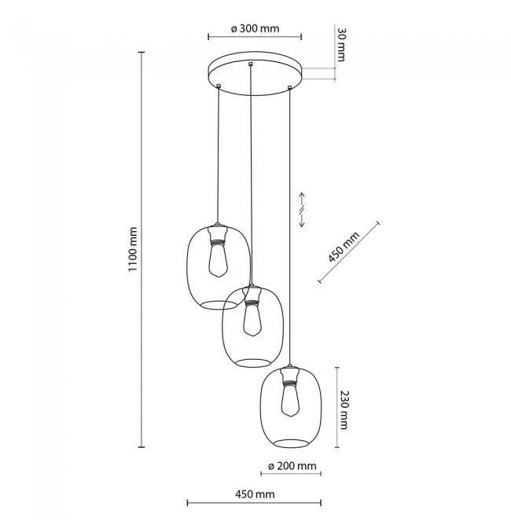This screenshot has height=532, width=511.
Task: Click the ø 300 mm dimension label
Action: coord(255,28)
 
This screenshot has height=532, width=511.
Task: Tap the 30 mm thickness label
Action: coord(341,45)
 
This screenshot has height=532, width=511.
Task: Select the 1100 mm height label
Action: coord(133,248)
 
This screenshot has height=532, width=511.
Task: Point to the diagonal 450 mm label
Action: coord(344,248)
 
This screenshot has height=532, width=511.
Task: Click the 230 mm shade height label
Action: coord(344,410)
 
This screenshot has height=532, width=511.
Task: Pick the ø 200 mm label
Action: coord(292,466)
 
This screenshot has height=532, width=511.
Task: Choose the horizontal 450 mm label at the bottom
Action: coord(255,494)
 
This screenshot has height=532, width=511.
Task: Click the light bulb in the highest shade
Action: coord(218,260)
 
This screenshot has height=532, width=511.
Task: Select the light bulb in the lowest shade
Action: coord(290,400)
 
